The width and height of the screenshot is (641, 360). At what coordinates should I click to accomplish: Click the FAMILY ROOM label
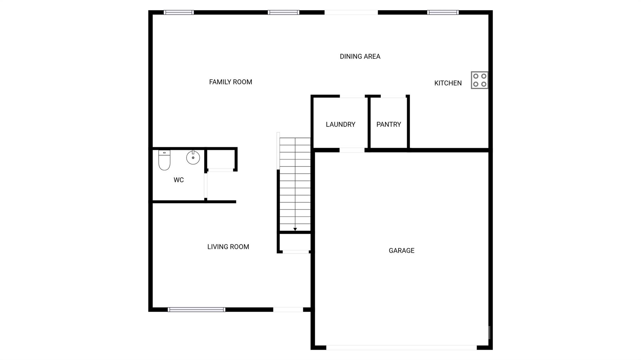(x=230, y=82)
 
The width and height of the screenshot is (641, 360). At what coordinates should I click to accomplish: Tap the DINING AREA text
(x=360, y=57)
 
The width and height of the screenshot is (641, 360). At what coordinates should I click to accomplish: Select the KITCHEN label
(x=448, y=83)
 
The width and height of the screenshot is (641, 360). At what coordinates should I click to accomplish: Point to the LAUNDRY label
(x=341, y=124)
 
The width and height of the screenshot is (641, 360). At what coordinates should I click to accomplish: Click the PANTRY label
(x=388, y=124)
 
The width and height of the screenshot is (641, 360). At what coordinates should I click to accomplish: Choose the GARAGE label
(x=402, y=251)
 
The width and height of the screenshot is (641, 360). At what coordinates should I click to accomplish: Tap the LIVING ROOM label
(x=228, y=247)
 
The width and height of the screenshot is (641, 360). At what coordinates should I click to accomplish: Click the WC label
(x=178, y=180)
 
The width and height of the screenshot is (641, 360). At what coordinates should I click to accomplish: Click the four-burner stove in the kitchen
(x=479, y=80)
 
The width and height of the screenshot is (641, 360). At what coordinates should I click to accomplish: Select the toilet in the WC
(x=164, y=160)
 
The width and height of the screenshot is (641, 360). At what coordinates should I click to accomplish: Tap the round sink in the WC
(x=193, y=157)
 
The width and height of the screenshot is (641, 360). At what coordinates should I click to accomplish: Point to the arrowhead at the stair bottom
(x=295, y=229)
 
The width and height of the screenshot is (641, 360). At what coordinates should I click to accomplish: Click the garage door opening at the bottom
(x=401, y=347)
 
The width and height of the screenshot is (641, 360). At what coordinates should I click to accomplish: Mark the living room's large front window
(x=196, y=310)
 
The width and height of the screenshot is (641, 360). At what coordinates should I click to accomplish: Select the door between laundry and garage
(x=352, y=150)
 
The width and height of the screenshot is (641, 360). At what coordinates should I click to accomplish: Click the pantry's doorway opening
(x=393, y=96)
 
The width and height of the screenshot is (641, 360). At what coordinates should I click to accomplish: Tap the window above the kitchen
(x=443, y=13)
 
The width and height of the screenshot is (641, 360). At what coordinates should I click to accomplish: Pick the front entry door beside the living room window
(x=288, y=310)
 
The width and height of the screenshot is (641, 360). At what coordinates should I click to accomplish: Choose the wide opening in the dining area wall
(x=351, y=13)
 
